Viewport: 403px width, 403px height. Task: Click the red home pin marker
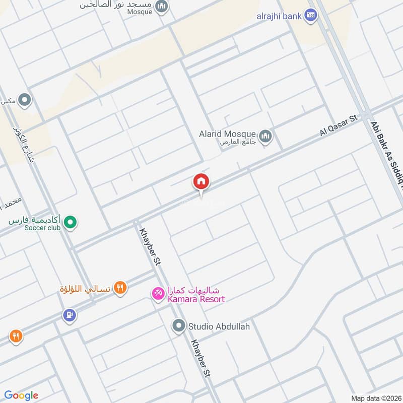201,182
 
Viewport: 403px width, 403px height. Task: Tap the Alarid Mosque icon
265,136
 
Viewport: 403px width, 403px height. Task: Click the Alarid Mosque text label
228,135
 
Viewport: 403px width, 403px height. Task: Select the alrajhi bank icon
311,16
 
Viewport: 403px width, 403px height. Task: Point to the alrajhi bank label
279,16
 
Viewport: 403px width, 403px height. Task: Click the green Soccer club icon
71,222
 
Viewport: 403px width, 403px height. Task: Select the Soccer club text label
41,228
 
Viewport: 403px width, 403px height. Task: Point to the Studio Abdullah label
219,326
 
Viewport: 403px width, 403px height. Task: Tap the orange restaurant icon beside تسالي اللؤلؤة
120,288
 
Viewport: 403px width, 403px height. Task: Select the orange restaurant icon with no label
16,335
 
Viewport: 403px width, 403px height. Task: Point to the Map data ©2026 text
375,398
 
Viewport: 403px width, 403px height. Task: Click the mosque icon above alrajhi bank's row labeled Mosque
162,7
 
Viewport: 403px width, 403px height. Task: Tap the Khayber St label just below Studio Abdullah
200,359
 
